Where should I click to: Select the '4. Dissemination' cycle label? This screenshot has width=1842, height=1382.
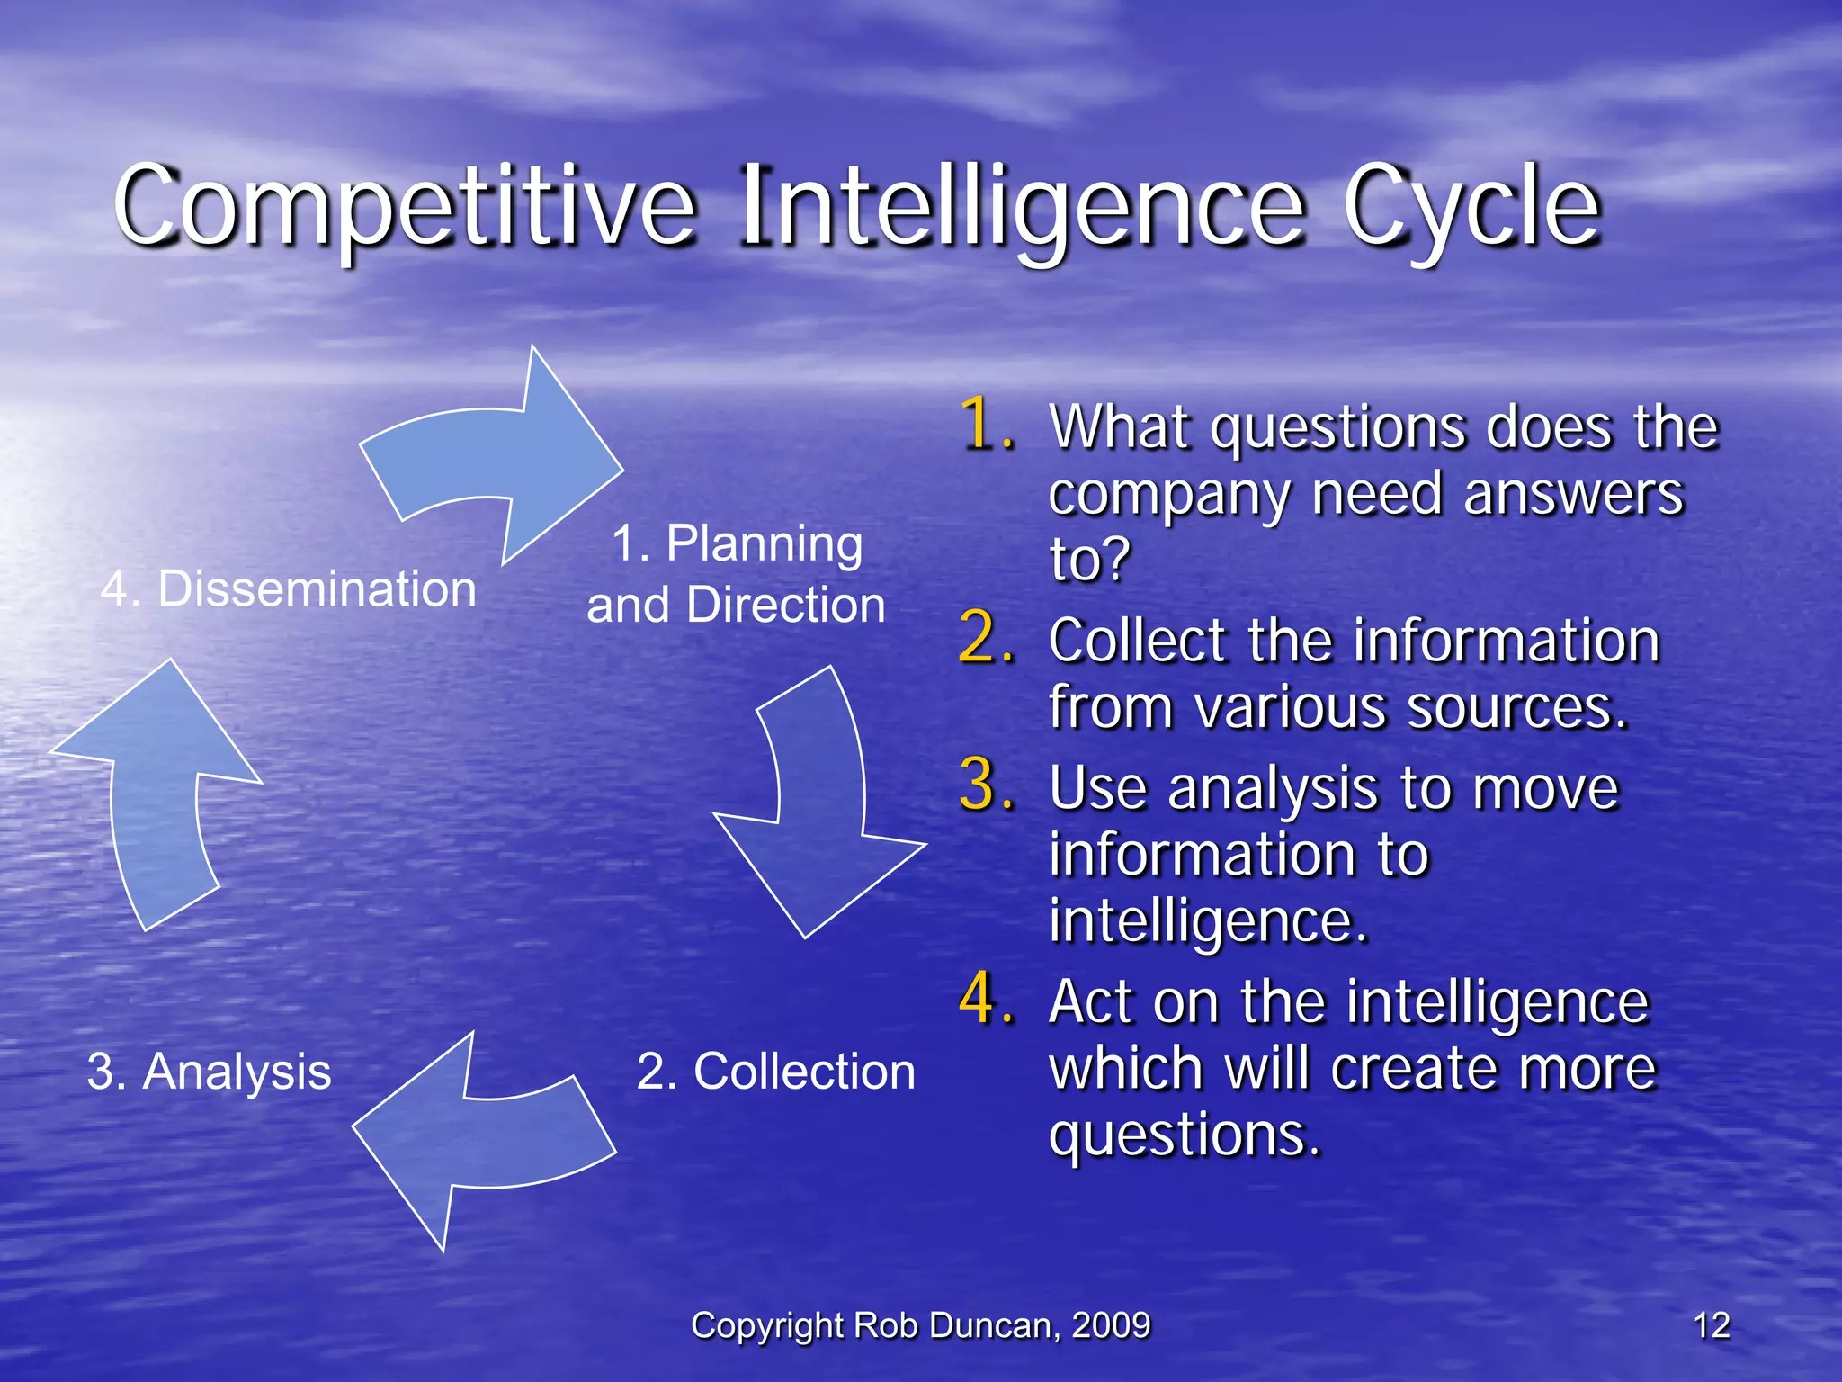pyautogui.click(x=288, y=589)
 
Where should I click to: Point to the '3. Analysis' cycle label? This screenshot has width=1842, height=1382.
pyautogui.click(x=210, y=1072)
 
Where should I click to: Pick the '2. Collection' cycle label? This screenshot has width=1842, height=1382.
pyautogui.click(x=775, y=1072)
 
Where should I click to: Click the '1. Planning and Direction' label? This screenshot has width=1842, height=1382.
pyautogui.click(x=737, y=574)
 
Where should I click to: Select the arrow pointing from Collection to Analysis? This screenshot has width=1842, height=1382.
pyautogui.click(x=477, y=1138)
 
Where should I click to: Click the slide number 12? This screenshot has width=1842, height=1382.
pyautogui.click(x=1711, y=1325)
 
